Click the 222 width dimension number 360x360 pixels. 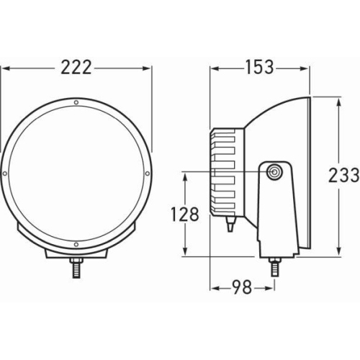(x=76, y=67)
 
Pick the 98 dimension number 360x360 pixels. (x=242, y=288)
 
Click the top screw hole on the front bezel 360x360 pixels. (x=76, y=104)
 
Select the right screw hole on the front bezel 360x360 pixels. (x=147, y=174)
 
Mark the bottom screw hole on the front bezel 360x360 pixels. (x=76, y=245)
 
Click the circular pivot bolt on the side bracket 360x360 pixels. (x=274, y=173)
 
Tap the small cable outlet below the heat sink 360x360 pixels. (x=229, y=225)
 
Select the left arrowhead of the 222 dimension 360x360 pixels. (x=4, y=67)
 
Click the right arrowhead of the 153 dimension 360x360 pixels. (x=308, y=67)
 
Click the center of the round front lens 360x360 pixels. (x=76, y=174)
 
